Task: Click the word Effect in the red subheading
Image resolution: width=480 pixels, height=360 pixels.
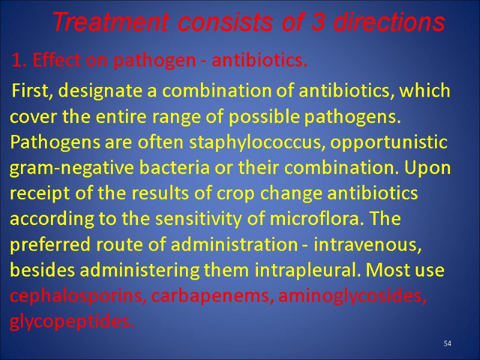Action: pos(51,61)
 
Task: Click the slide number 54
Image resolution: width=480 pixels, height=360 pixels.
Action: pos(447,343)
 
